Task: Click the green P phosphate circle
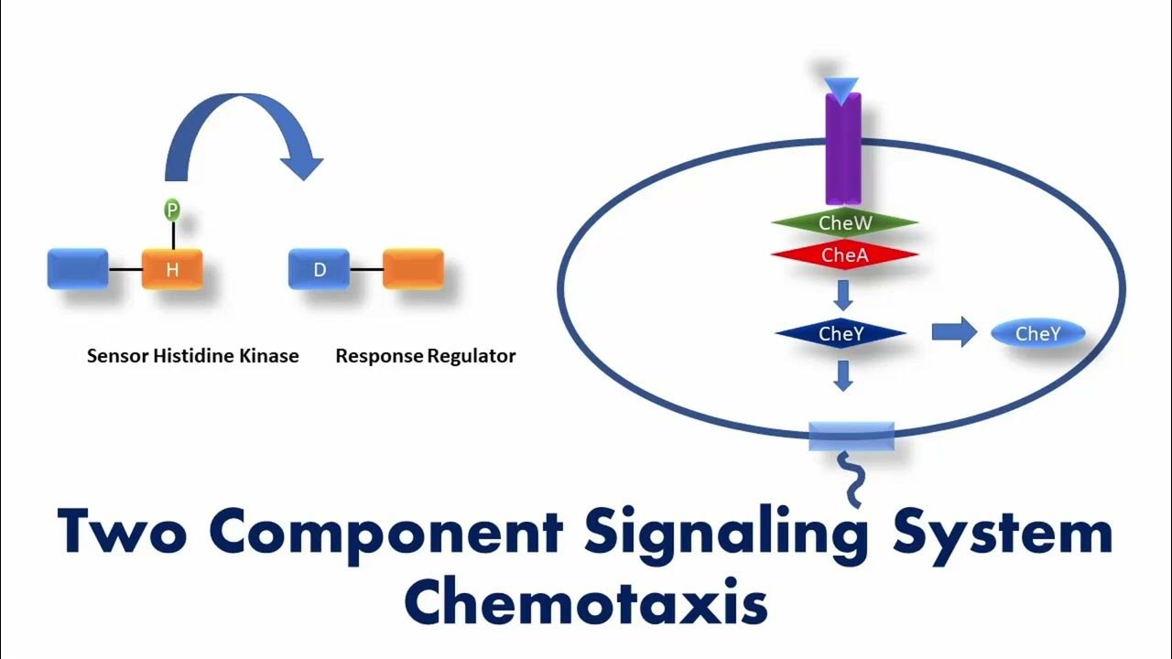[x=172, y=211]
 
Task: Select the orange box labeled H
[x=172, y=269]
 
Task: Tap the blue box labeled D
[x=319, y=269]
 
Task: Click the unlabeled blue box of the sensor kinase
[x=78, y=269]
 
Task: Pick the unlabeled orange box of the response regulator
[x=413, y=269]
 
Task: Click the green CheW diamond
[x=844, y=222]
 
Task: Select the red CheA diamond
[x=844, y=255]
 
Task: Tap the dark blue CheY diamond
[x=841, y=334]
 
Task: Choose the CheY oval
[x=1037, y=334]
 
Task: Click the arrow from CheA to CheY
[x=844, y=294]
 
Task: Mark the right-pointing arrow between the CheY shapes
[x=954, y=333]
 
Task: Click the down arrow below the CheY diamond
[x=844, y=374]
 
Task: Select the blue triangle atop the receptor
[x=841, y=87]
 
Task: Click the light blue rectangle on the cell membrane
[x=852, y=437]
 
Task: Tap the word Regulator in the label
[x=472, y=356]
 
